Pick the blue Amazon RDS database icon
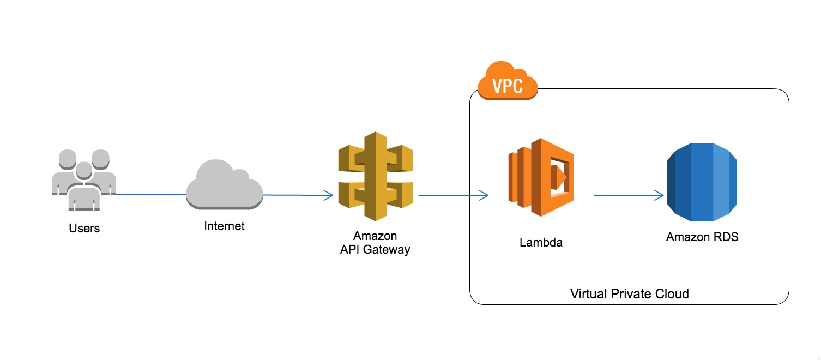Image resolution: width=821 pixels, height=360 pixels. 702,182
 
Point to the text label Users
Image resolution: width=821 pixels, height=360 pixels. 84,228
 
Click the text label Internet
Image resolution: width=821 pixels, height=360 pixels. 224,226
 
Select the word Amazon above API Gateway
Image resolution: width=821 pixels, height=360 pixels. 375,236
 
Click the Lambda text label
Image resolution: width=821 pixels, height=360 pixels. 540,243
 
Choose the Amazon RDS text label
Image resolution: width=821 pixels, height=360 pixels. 702,237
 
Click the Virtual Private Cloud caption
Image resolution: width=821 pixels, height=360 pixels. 629,294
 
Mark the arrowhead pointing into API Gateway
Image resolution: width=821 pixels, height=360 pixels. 329,195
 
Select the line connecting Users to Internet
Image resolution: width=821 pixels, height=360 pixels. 150,194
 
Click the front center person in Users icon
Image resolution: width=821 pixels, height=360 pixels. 83,191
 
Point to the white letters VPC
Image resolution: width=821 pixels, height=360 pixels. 508,86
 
